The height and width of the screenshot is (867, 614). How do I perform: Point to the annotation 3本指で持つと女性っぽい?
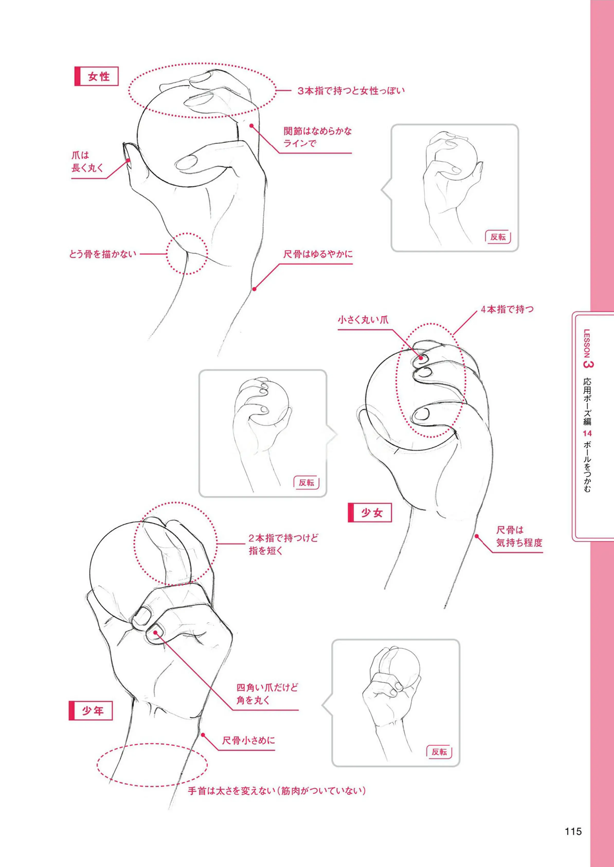click(x=351, y=91)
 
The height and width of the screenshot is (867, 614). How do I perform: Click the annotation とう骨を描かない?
click(x=102, y=254)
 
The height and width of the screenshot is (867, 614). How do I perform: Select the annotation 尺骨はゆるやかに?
click(x=318, y=254)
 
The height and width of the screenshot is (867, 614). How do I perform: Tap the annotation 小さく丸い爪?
click(x=363, y=320)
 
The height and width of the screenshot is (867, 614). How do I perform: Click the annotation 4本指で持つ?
click(x=507, y=309)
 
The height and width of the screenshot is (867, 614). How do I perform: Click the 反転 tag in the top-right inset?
click(x=498, y=237)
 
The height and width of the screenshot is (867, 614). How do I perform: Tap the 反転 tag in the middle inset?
click(x=306, y=483)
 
